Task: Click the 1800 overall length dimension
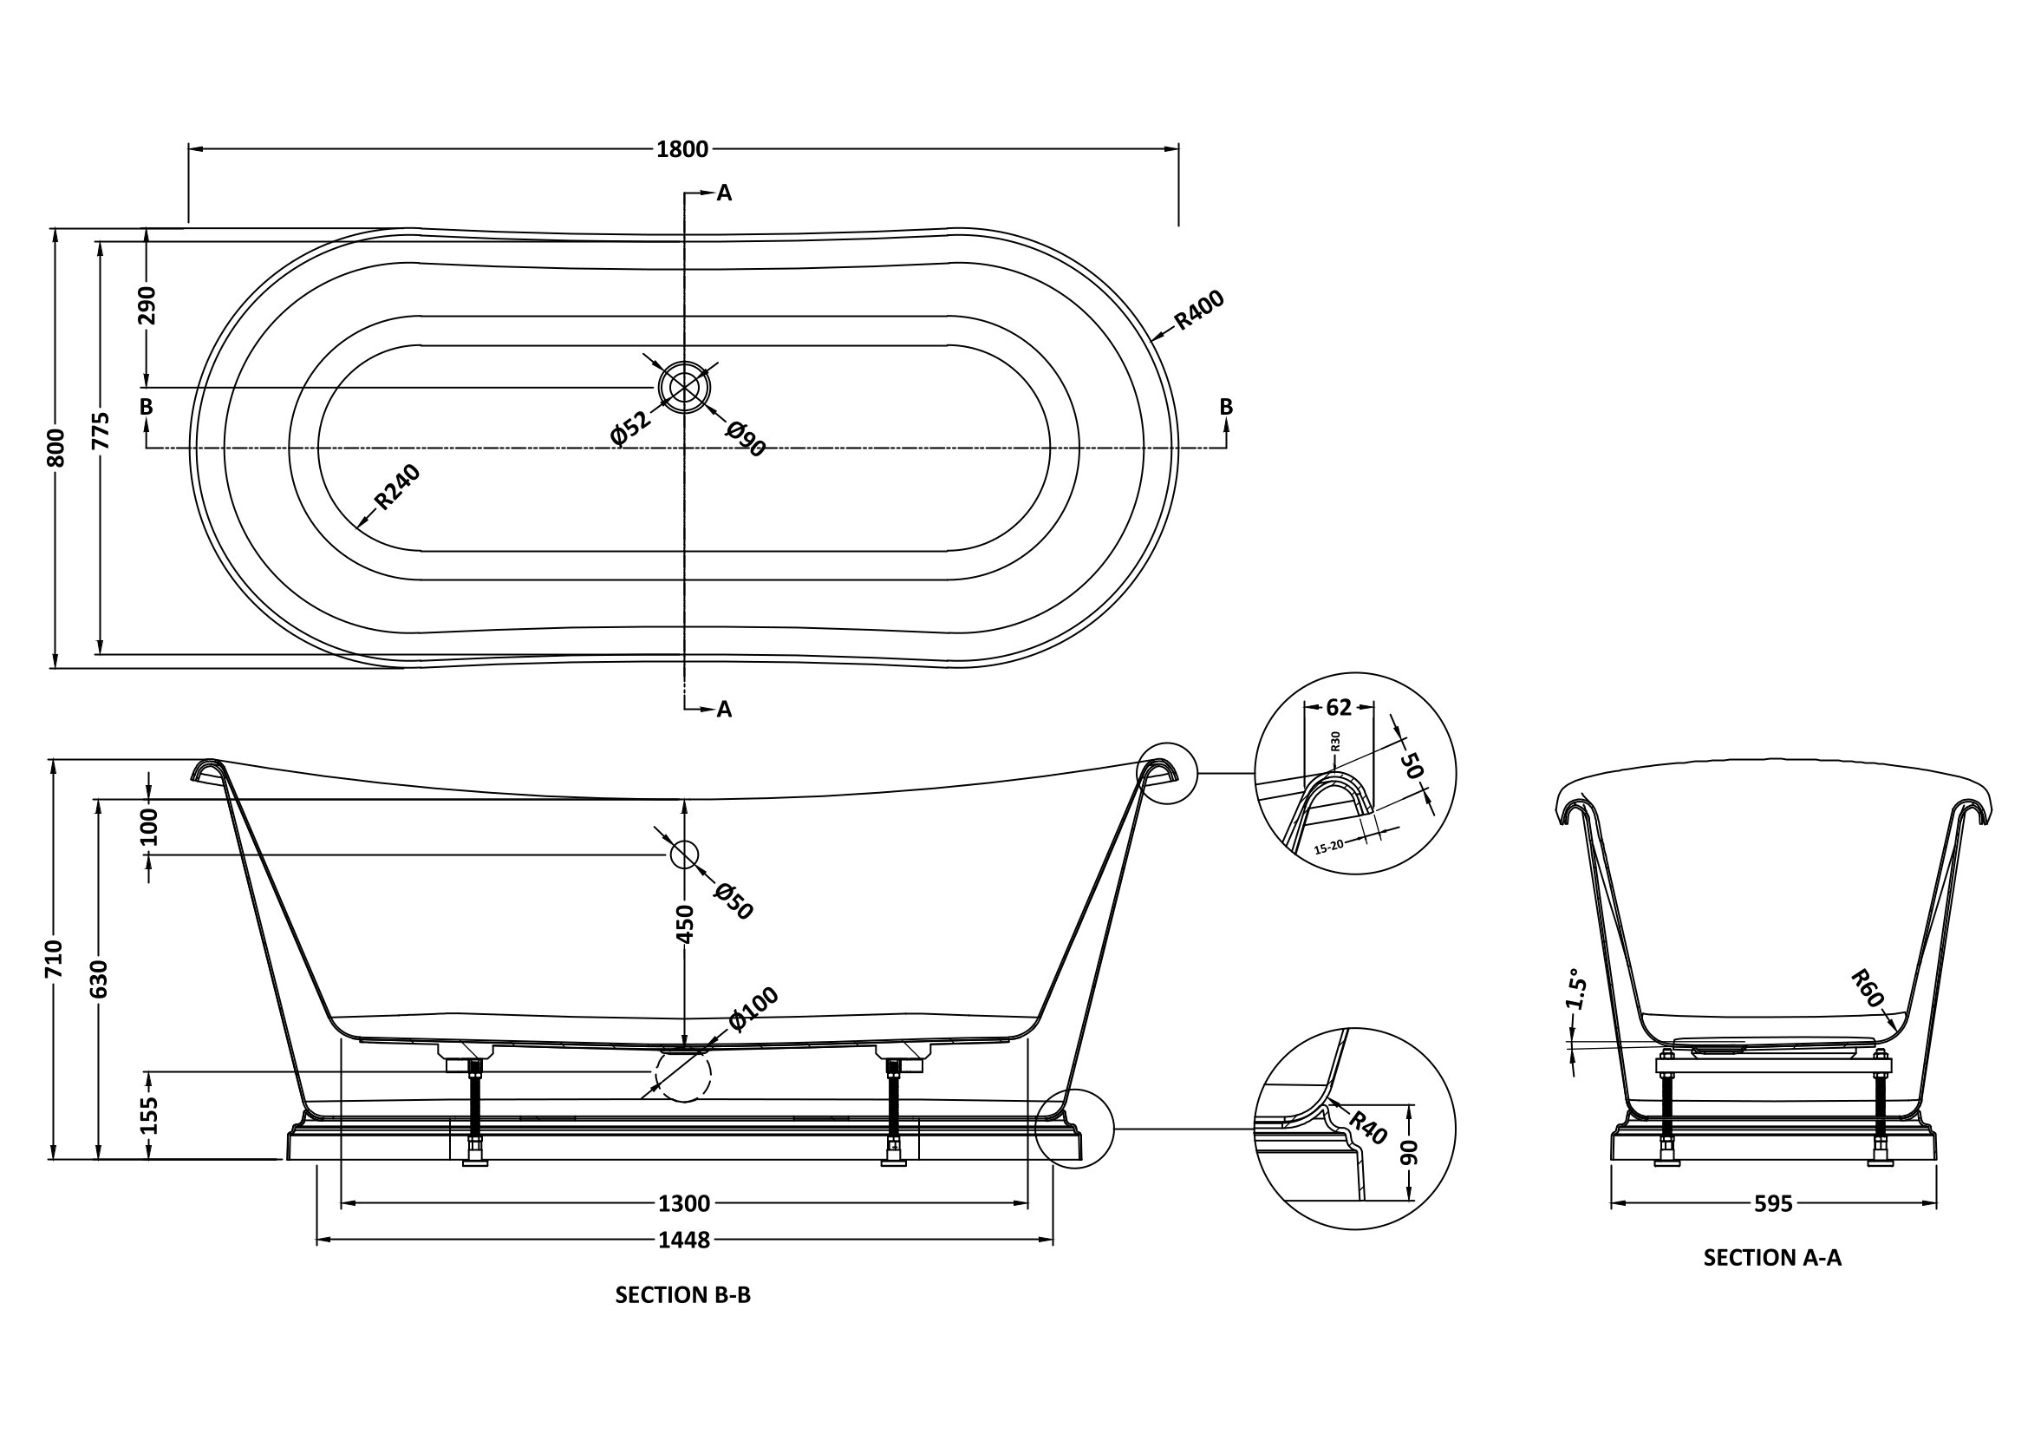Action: click(x=681, y=149)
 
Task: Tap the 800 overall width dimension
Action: click(x=55, y=448)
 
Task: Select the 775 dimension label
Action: click(x=101, y=430)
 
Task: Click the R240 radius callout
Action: click(x=396, y=487)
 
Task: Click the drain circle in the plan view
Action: click(x=683, y=387)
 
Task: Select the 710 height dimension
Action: click(x=55, y=959)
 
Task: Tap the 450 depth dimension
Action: click(x=686, y=923)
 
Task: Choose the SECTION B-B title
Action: click(x=682, y=1294)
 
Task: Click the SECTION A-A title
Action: click(x=1772, y=1257)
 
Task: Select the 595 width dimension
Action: click(x=1773, y=1203)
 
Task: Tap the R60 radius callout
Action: click(x=1867, y=988)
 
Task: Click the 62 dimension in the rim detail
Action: click(x=1339, y=707)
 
